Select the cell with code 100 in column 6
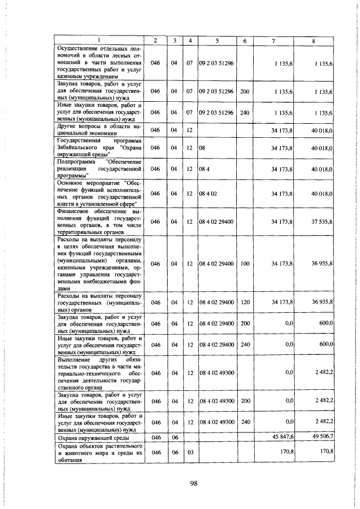coord(244,264)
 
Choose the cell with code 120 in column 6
coord(244,303)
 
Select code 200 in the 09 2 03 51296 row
coord(244,91)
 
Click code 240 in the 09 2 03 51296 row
coord(244,112)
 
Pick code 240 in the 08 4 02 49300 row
coord(244,421)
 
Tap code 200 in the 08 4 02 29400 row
coord(244,324)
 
